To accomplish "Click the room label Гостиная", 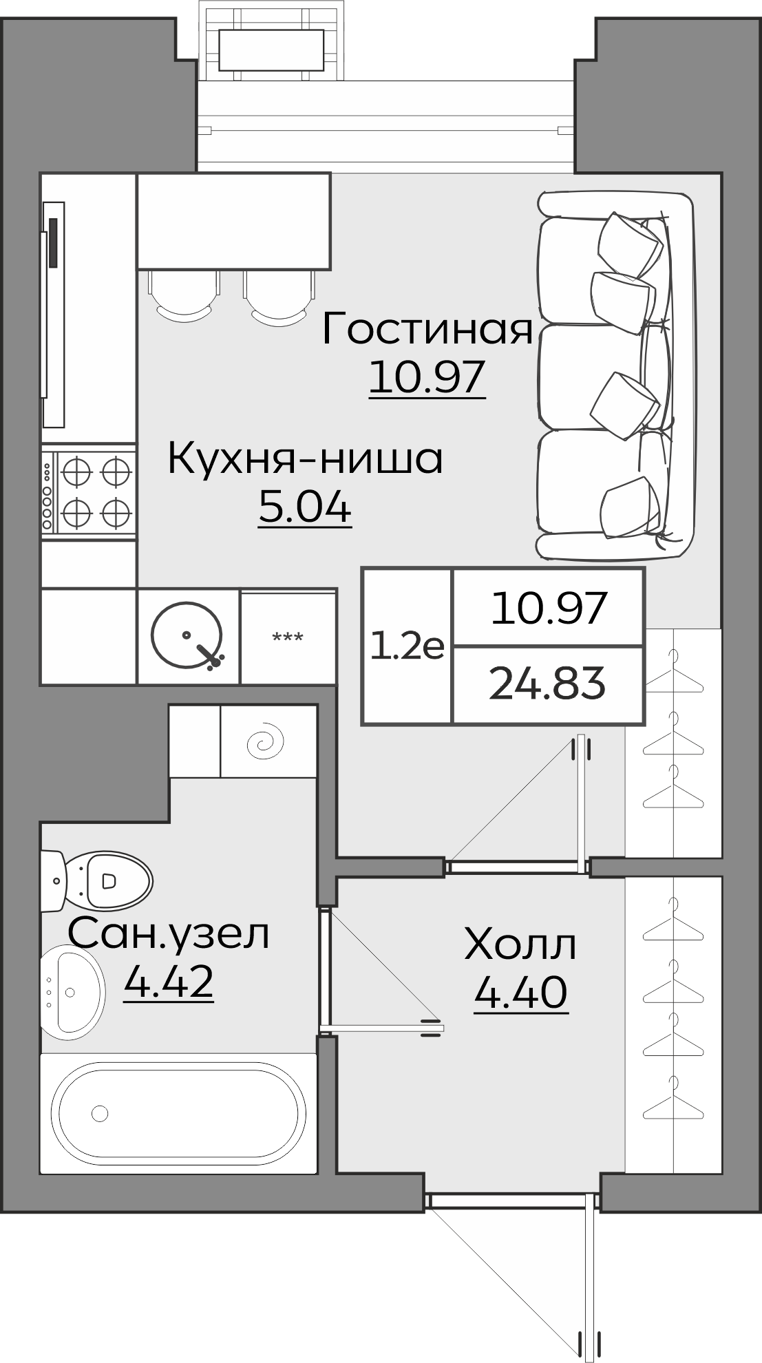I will (427, 329).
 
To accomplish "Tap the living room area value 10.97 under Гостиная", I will (427, 378).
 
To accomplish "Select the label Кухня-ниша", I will (305, 460).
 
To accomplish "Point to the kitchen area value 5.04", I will (305, 507).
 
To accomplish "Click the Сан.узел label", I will (169, 935).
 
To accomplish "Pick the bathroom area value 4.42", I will (169, 982).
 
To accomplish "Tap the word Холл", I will (520, 944).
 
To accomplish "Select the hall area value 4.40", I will (520, 992).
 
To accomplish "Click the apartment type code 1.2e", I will (407, 647).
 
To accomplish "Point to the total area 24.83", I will (547, 684).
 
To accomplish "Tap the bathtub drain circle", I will (100, 1112).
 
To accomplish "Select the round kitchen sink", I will (187, 635).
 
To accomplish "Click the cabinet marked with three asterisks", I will (288, 637).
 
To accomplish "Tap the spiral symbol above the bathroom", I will (267, 741).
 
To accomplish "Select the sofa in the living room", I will (613, 375).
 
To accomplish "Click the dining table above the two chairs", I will (234, 220).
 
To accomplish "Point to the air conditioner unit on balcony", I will (271, 50).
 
